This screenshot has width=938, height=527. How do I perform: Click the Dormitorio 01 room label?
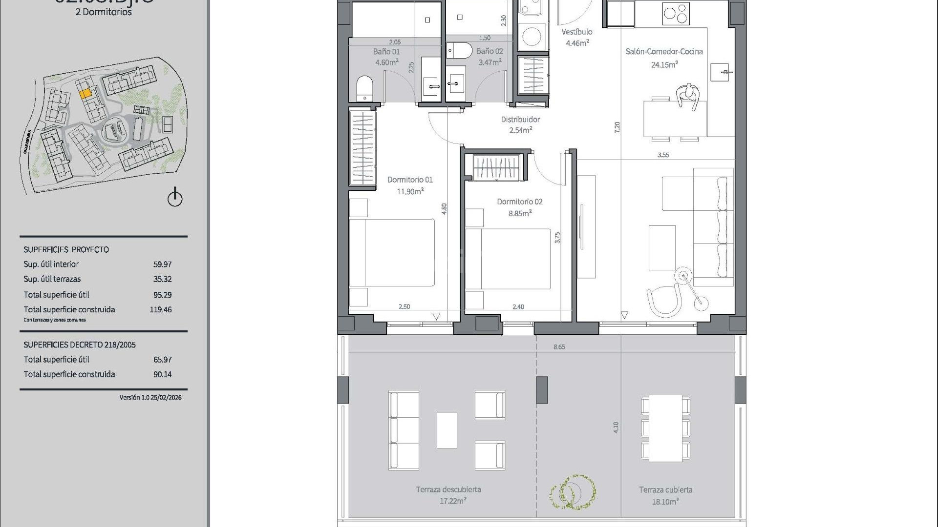pyautogui.click(x=410, y=180)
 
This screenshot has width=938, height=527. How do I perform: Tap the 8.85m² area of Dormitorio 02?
pyautogui.click(x=520, y=213)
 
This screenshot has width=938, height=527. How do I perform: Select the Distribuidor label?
pyautogui.click(x=520, y=119)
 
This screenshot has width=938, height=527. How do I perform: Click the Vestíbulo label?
pyautogui.click(x=576, y=32)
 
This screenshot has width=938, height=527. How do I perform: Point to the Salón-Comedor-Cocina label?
pyautogui.click(x=664, y=51)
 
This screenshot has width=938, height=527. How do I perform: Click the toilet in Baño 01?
pyautogui.click(x=364, y=88)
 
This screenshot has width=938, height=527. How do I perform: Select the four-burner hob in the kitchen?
pyautogui.click(x=676, y=14)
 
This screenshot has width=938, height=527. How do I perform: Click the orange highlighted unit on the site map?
pyautogui.click(x=85, y=93)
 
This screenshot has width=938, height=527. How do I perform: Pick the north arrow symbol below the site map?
pyautogui.click(x=175, y=198)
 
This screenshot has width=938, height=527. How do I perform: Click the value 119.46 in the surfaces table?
pyautogui.click(x=160, y=309)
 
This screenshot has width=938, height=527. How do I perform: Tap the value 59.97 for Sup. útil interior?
pyautogui.click(x=162, y=264)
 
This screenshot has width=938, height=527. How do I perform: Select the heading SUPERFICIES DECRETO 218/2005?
pyautogui.click(x=80, y=345)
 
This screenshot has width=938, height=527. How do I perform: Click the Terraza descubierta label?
pyautogui.click(x=448, y=489)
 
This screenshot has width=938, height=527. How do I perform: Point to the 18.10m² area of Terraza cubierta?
pyautogui.click(x=665, y=501)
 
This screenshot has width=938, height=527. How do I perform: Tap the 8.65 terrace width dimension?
pyautogui.click(x=559, y=347)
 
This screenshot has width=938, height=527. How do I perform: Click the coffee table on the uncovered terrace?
pyautogui.click(x=447, y=430)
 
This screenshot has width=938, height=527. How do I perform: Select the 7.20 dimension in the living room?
pyautogui.click(x=617, y=127)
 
